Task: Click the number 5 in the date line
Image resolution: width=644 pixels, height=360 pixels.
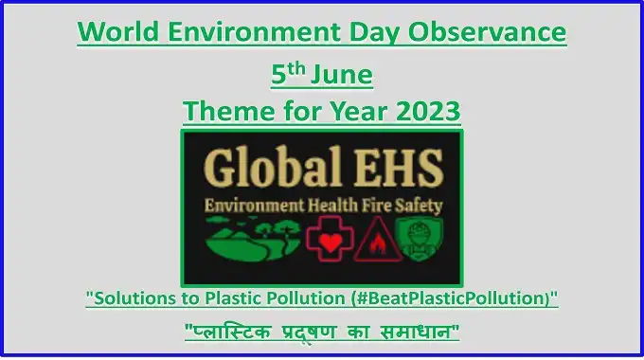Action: tap(278, 74)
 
